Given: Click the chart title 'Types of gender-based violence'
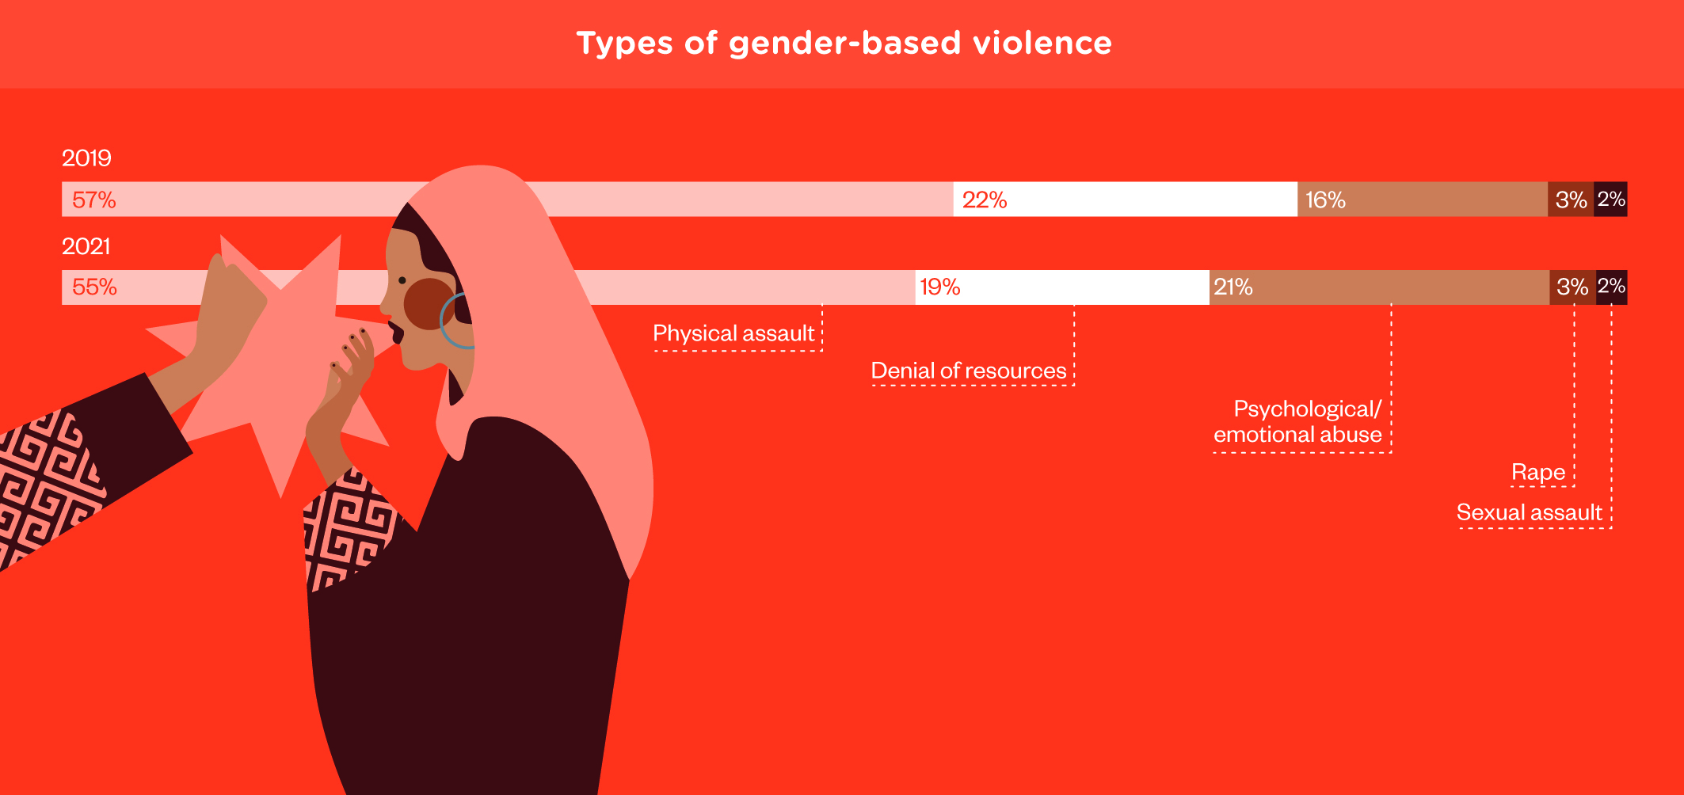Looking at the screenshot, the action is (x=844, y=44).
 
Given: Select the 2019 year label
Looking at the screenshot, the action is (x=86, y=158).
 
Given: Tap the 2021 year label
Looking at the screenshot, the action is (x=86, y=246).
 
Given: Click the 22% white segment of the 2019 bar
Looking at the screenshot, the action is (x=1125, y=199).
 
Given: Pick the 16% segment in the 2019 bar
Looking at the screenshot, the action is (x=1423, y=199).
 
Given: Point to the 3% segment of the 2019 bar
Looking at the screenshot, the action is (x=1571, y=199).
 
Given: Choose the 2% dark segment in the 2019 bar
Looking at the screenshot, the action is (x=1610, y=199).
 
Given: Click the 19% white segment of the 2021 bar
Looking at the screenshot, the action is (x=1062, y=287).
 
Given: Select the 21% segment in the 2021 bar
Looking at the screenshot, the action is (x=1380, y=287).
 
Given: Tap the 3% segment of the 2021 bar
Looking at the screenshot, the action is (x=1573, y=287).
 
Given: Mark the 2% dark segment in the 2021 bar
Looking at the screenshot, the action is (x=1612, y=287).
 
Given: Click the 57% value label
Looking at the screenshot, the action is (x=94, y=200).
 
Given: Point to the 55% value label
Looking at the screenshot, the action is (x=94, y=287).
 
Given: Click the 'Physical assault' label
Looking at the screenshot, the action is (x=733, y=333).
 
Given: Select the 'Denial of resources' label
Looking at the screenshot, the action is (x=969, y=371).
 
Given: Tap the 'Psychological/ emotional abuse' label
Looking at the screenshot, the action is (x=1298, y=421).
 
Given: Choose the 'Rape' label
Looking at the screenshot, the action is (x=1538, y=472).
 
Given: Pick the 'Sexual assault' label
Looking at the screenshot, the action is (x=1530, y=512).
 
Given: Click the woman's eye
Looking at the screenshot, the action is (x=402, y=280).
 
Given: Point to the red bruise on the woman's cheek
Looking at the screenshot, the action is (x=429, y=304).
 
